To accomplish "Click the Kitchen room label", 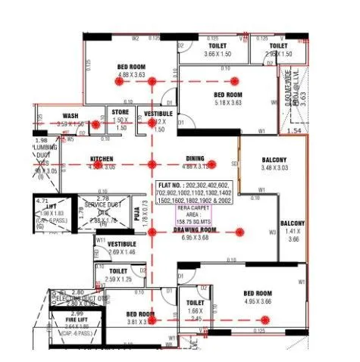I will tap(102, 159).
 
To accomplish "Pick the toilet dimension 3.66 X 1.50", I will tap(223, 55).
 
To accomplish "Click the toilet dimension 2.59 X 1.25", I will tap(117, 279).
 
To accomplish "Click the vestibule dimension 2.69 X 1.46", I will tap(121, 251).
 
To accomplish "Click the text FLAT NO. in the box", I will tap(171, 185).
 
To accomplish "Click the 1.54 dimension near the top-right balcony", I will tap(295, 131).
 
